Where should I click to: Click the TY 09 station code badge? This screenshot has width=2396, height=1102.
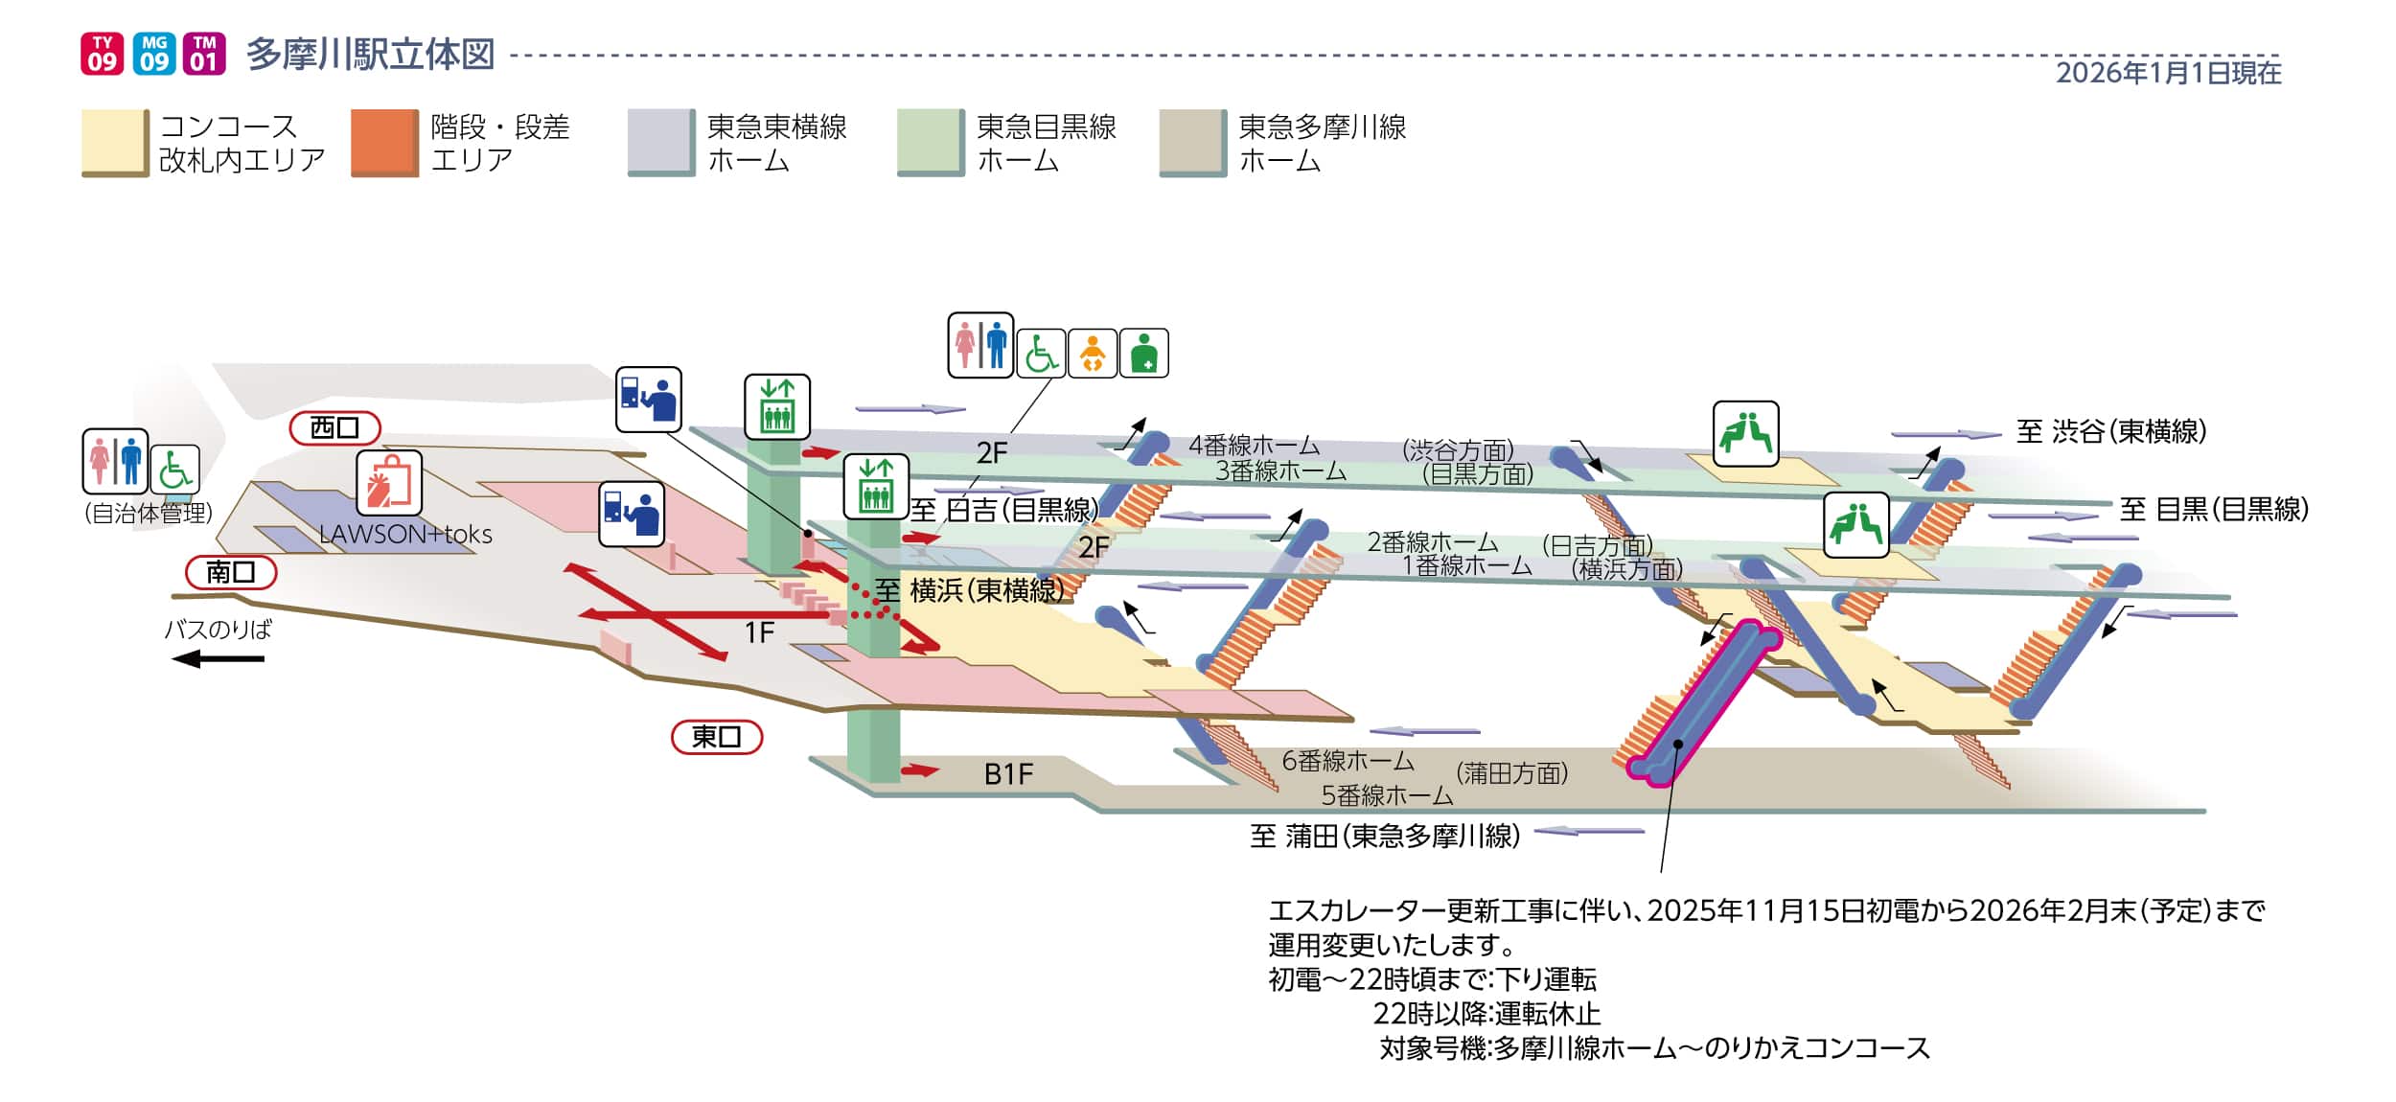[x=102, y=54]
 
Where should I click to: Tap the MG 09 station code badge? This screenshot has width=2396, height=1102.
[x=153, y=54]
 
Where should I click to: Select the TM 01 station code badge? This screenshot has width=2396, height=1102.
[x=204, y=54]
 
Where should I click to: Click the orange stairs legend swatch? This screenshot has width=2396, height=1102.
[x=384, y=143]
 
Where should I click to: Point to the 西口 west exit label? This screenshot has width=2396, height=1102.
[x=334, y=428]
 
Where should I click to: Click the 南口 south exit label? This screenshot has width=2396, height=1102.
[x=231, y=572]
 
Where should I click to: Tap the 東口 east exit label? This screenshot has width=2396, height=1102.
[x=716, y=737]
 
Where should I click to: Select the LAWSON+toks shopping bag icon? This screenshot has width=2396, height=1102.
[x=389, y=483]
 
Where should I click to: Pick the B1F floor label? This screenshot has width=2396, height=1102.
[x=1008, y=774]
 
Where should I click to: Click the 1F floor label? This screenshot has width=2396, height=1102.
[x=759, y=632]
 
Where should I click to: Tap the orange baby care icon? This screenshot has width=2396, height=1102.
[x=1093, y=354]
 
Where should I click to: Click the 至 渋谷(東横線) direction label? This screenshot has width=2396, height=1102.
[x=2110, y=432]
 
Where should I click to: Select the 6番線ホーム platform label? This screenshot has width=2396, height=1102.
[x=1348, y=761]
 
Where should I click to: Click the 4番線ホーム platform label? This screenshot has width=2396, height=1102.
[x=1254, y=445]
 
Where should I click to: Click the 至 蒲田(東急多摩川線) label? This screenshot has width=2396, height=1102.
[x=1385, y=837]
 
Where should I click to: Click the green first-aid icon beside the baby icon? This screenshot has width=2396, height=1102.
[x=1143, y=354]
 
